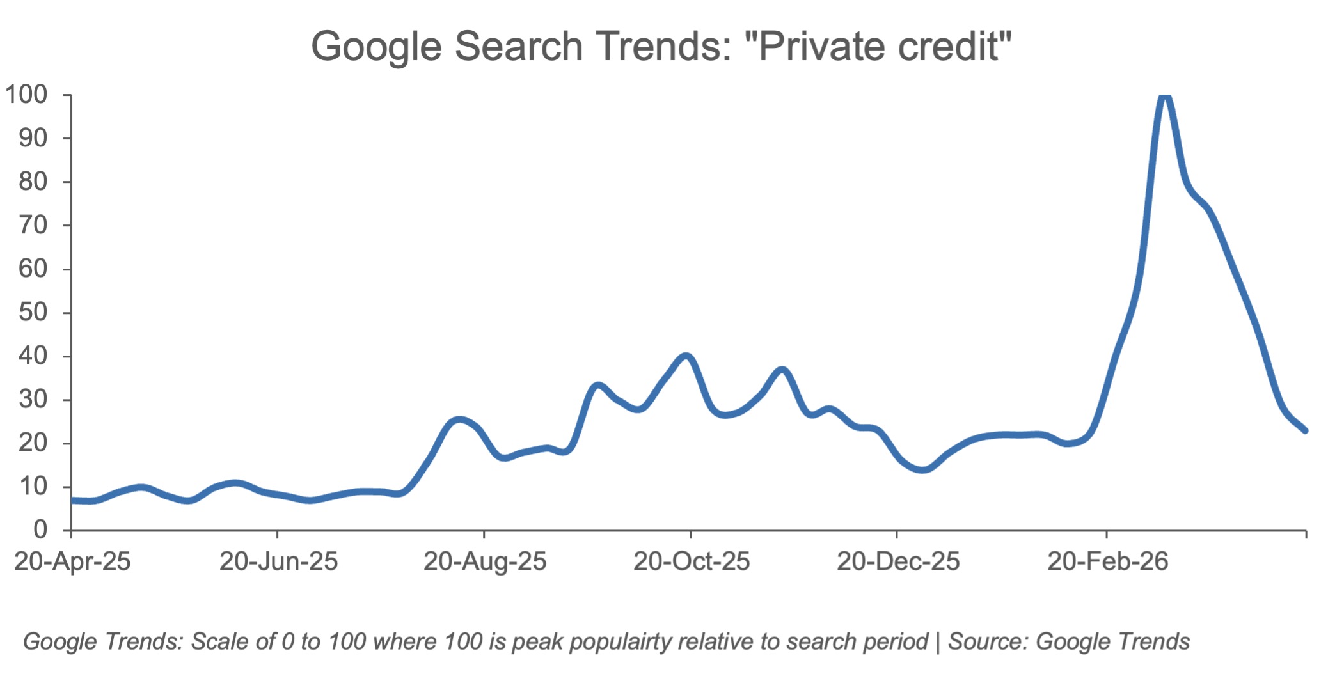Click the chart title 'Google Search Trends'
pos(521,46)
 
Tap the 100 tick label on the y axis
pos(26,95)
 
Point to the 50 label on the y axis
pos(33,312)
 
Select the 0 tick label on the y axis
pos(40,529)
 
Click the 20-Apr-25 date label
pos(72,561)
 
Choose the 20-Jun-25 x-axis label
pos(278,561)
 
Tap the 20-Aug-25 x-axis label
pos(485,561)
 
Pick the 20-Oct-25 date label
pos(692,561)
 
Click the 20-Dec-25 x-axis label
pos(898,561)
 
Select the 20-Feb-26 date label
pos(1107,561)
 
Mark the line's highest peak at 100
pos(1165,96)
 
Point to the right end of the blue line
pos(1305,430)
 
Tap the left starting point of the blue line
pos(72,500)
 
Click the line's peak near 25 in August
pos(459,419)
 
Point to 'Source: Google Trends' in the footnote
pos(1069,641)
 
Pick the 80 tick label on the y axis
pos(33,182)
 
